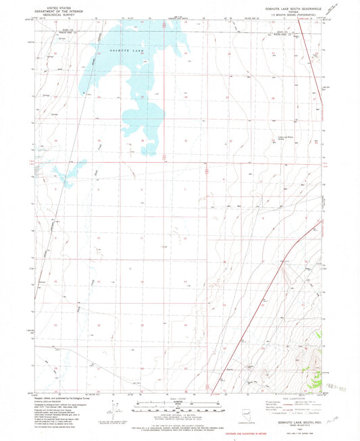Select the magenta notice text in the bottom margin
[179, 432]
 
